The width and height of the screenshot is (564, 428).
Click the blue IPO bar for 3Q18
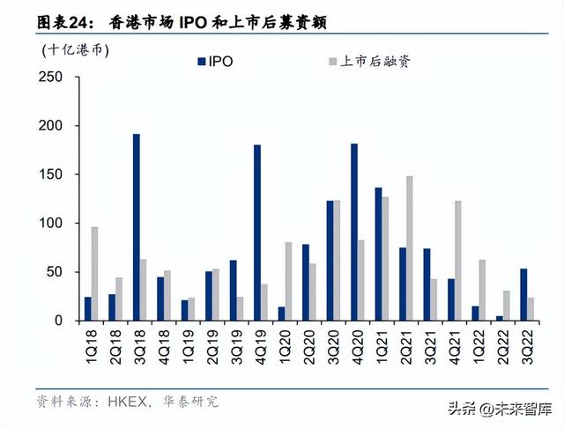(137, 227)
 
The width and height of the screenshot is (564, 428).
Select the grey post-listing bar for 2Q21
(410, 248)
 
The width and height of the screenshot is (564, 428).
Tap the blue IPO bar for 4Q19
(257, 232)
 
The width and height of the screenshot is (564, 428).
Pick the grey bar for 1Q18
(94, 274)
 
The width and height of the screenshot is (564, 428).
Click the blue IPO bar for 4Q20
(354, 232)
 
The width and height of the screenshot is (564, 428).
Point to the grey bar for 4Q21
(458, 261)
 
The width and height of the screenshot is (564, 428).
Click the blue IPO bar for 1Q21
(378, 254)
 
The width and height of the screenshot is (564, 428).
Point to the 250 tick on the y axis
(50, 77)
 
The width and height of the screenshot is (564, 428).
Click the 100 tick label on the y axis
(50, 224)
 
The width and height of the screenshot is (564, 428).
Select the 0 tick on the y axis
(57, 321)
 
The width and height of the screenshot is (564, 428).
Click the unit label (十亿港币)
(75, 50)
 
